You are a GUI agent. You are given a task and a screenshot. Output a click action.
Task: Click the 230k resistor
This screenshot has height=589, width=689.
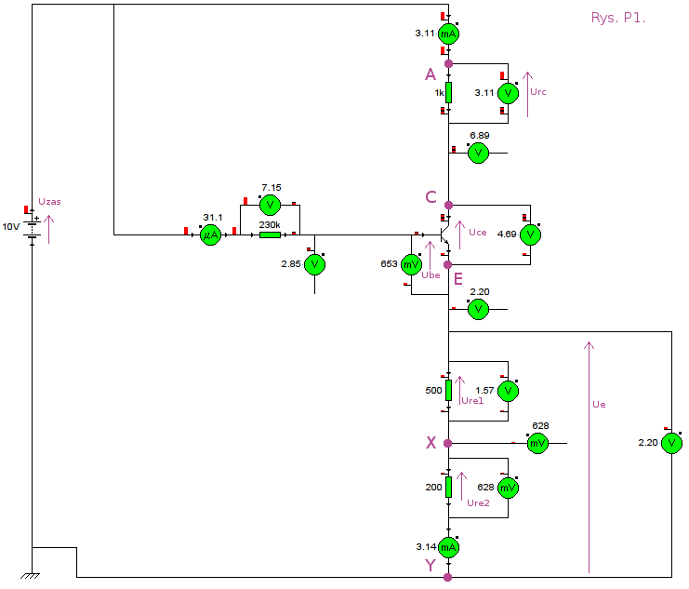(270, 234)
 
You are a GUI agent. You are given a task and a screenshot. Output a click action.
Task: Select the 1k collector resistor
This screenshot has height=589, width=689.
(448, 92)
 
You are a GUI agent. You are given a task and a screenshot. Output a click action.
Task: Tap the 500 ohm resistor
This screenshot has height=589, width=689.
(448, 390)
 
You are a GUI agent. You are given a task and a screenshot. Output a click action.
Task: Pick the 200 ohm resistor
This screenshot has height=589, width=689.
(448, 487)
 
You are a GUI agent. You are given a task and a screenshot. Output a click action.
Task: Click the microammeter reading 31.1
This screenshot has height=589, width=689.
(210, 234)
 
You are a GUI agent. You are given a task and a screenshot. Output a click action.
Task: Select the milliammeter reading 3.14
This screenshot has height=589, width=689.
(448, 547)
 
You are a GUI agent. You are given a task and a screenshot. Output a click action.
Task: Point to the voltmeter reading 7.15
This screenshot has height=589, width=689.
(270, 205)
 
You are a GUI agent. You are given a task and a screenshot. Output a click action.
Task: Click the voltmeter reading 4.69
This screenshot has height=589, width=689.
(530, 234)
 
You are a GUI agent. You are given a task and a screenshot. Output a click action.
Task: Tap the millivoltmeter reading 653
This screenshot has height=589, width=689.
(411, 264)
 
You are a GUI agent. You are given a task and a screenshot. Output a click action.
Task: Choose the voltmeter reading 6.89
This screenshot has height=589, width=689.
(479, 154)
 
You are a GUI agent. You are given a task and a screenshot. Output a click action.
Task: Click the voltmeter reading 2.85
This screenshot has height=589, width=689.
(314, 264)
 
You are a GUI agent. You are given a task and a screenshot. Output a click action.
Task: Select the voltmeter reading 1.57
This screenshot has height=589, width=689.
(508, 391)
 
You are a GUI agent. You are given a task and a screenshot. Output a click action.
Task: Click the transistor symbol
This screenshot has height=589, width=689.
(444, 234)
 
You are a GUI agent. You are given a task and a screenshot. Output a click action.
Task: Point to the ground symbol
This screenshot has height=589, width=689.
(31, 576)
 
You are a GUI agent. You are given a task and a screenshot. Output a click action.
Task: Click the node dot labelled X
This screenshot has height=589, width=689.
(448, 444)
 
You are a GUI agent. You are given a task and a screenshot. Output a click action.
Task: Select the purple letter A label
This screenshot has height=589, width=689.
(431, 74)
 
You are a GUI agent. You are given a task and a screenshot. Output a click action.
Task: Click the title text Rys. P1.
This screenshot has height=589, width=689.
(618, 18)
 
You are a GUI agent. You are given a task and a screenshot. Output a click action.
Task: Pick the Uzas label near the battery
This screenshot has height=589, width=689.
(49, 202)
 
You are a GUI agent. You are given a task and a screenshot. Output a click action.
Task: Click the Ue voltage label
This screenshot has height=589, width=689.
(599, 404)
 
